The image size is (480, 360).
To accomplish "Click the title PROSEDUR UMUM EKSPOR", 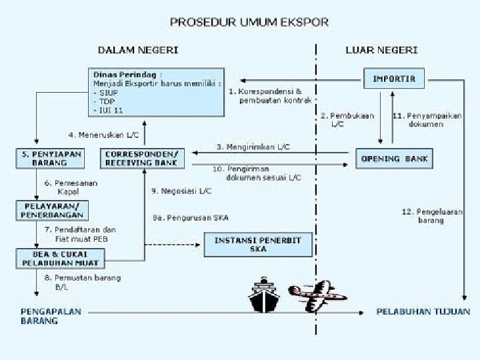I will coord(249,22).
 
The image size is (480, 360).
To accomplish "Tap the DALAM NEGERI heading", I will coord(138,50).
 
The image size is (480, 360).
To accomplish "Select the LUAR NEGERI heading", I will coord(381,50).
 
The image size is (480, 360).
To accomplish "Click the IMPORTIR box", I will coord(393,79).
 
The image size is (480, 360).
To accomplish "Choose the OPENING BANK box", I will coord(394,159).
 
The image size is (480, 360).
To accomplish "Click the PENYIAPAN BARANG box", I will coord(49,158).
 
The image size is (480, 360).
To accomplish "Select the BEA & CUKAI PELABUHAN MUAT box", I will coord(51,257).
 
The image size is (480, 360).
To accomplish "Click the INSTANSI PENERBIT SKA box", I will coord(257,244).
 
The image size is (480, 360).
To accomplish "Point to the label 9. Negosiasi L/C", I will coord(181,191).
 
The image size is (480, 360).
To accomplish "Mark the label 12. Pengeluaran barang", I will coord(431,215).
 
